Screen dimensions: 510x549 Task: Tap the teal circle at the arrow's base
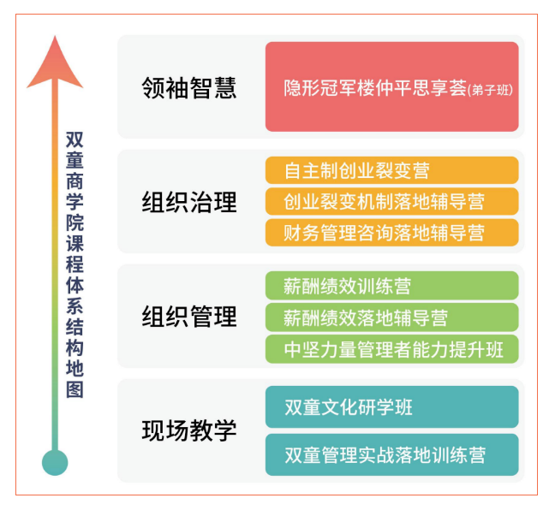pos(55,463)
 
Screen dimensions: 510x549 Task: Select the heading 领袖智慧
pos(189,87)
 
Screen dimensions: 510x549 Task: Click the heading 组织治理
pos(189,202)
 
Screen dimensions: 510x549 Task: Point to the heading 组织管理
pos(189,317)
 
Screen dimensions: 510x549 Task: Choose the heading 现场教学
pos(189,430)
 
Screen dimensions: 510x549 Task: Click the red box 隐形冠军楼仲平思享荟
pos(391,86)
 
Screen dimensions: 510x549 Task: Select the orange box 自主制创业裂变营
pos(391,169)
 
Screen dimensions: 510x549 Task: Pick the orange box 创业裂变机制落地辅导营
pos(391,201)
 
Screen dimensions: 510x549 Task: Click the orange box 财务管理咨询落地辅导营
pos(391,232)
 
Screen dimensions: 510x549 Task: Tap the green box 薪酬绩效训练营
pos(391,285)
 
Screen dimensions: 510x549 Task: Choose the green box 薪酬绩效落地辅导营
pos(391,317)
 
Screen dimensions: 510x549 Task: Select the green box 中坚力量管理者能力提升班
pos(391,348)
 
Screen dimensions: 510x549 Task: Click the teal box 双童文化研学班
pos(391,406)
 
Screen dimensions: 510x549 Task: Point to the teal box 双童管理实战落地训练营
pos(391,454)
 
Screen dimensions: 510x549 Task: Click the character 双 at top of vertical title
pos(75,139)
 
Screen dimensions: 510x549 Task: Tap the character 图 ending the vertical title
pos(75,389)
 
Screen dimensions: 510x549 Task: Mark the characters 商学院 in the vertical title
pos(75,197)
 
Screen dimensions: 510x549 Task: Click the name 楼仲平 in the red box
pos(394,88)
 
